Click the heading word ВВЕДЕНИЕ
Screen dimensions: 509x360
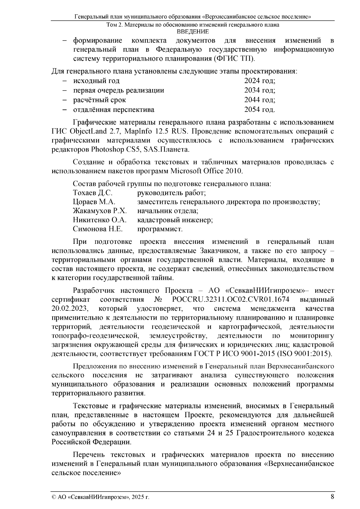click(192, 31)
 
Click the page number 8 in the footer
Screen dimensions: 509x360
click(332, 496)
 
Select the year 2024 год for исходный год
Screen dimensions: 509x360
click(259, 81)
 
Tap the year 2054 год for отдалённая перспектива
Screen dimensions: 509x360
click(259, 109)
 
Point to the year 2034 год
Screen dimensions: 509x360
click(259, 90)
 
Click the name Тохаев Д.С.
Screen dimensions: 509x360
click(93, 193)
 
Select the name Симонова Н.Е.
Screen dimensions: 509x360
click(98, 229)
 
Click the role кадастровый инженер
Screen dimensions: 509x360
click(175, 220)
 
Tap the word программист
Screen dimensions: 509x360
click(160, 229)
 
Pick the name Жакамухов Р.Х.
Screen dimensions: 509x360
click(100, 211)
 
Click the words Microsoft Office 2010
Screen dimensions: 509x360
click(206, 171)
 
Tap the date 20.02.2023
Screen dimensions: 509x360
click(69, 309)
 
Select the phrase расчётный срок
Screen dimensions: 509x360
click(100, 100)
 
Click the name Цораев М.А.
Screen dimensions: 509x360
click(94, 202)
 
